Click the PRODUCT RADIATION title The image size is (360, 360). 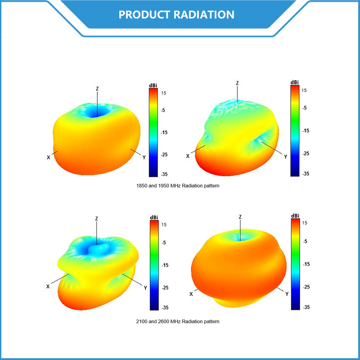pos(176,14)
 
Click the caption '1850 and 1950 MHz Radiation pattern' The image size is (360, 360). pos(178,185)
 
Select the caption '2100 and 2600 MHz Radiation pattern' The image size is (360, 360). pos(178,321)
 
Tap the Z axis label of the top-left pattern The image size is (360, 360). pos(97,89)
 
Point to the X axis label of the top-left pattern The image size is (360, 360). pos(48,157)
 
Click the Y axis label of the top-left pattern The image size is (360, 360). pos(144,157)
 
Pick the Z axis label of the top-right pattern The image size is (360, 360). pos(237,83)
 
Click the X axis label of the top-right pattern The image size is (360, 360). pos(188,156)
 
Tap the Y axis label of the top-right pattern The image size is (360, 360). pos(285,157)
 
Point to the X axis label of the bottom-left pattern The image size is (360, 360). pos(48,286)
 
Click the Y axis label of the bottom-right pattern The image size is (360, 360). pos(287,294)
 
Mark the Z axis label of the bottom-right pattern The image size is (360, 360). pos(240,217)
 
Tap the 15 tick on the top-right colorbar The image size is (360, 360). pos(304,90)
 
